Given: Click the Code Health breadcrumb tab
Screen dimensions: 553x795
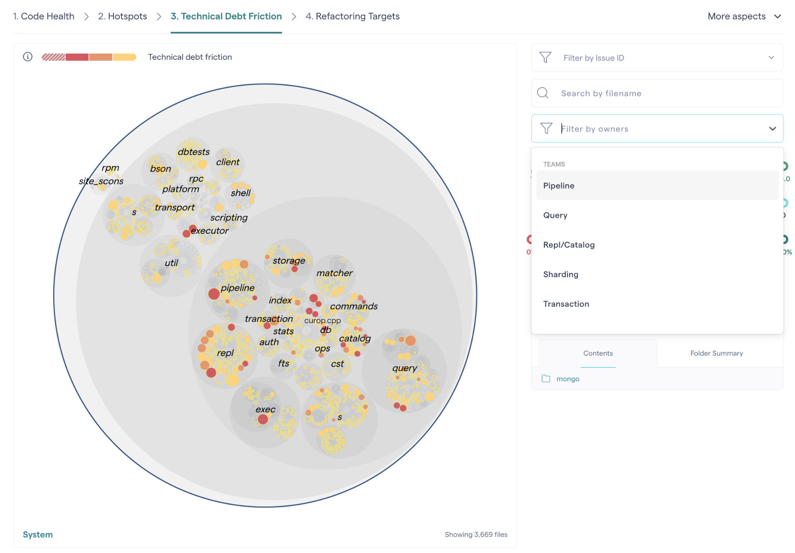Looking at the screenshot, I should pos(43,16).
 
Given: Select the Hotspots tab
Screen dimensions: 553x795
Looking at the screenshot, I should pos(122,16).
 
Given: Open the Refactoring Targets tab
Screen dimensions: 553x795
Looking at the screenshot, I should pos(352,16).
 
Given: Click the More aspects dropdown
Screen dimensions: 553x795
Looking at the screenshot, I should pos(743,16).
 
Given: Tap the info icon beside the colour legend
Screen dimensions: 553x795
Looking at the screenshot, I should pos(28,57).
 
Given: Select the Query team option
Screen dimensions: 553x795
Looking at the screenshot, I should pos(555,215).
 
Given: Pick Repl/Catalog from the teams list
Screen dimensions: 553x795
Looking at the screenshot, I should pos(569,245).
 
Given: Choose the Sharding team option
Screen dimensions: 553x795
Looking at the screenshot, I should pos(561,274).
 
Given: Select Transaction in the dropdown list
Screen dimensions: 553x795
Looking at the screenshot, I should pos(566,304).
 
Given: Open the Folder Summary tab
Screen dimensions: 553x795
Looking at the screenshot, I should pos(716,353).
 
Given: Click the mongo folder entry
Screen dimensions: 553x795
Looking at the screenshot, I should pos(568,379).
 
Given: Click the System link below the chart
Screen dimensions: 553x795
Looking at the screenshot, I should pos(38,534).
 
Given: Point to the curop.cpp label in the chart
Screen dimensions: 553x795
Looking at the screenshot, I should pos(322,320).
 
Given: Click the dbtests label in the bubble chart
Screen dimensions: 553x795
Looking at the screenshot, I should pos(193,152).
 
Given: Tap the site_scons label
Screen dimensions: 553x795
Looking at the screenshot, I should pos(101,181).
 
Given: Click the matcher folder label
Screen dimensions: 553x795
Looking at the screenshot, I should pos(334,273).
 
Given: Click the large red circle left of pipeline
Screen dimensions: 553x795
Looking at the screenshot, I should pos(214,294).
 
